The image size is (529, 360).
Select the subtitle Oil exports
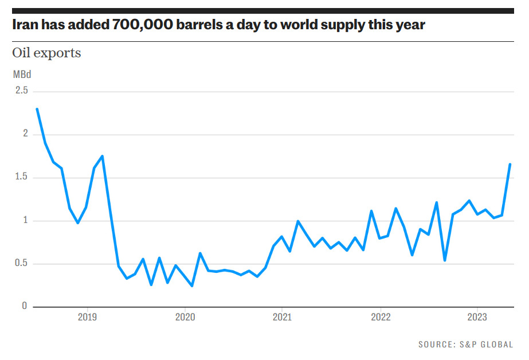tap(46, 53)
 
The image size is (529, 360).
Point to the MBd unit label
tap(22, 75)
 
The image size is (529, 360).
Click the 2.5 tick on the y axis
tap(22, 91)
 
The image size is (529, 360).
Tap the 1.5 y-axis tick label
tap(22, 178)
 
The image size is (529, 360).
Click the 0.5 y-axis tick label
tap(22, 264)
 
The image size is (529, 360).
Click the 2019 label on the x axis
tap(87, 317)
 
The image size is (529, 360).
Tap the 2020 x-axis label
tap(185, 317)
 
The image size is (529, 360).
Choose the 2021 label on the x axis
tap(282, 317)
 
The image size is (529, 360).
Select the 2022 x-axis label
tap(380, 317)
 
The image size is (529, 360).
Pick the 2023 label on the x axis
tap(477, 317)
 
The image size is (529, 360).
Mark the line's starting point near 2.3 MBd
tap(37, 109)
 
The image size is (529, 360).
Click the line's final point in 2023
tap(510, 165)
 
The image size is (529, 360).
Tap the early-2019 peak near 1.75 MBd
tap(102, 156)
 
